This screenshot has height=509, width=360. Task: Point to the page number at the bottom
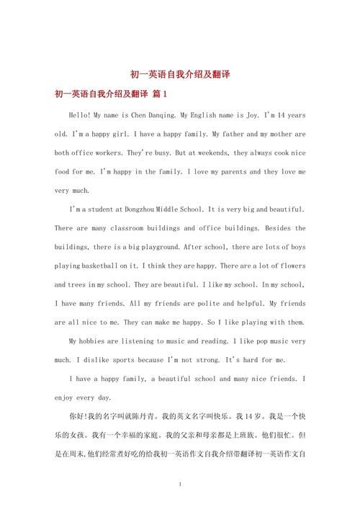pos(179,485)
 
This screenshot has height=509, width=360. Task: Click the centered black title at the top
pos(179,75)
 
